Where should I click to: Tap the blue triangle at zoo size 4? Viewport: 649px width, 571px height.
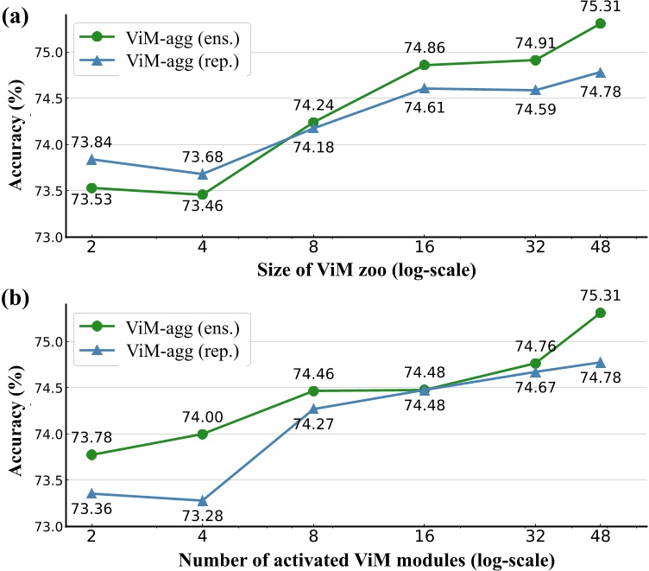(x=202, y=174)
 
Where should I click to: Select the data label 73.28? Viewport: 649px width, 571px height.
(x=202, y=517)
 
